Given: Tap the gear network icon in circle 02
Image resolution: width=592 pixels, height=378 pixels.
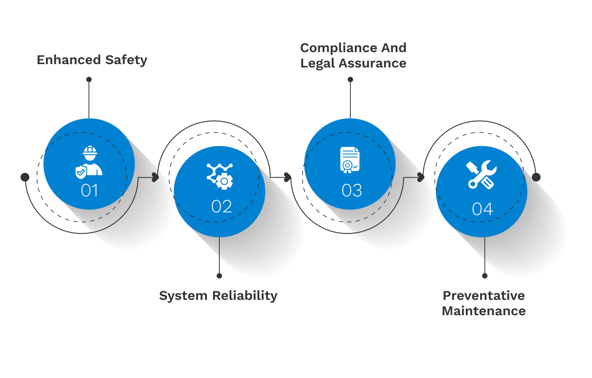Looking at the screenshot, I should (219, 175).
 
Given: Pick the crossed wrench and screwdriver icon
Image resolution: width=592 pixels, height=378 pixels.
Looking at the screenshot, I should (481, 175).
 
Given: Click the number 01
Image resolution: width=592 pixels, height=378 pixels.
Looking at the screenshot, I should (89, 191).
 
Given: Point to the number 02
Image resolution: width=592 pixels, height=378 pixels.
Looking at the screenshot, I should (222, 207).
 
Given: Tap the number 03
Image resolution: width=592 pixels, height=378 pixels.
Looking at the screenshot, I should (352, 191).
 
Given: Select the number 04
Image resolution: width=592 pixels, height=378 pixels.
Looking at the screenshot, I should (482, 209).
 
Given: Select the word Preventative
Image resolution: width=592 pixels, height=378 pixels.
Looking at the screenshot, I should (484, 296).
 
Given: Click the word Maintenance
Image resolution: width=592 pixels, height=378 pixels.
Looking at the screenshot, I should (484, 311).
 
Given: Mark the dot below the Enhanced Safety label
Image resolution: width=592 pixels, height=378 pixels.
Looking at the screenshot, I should (89, 79).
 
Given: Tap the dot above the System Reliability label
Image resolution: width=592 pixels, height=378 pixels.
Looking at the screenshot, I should (219, 276).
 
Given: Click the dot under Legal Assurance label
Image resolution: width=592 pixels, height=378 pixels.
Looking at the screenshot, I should (350, 79).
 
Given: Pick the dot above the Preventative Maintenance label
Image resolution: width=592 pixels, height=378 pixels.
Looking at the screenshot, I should (485, 276).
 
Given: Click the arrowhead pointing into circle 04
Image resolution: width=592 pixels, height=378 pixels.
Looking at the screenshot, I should (421, 177).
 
